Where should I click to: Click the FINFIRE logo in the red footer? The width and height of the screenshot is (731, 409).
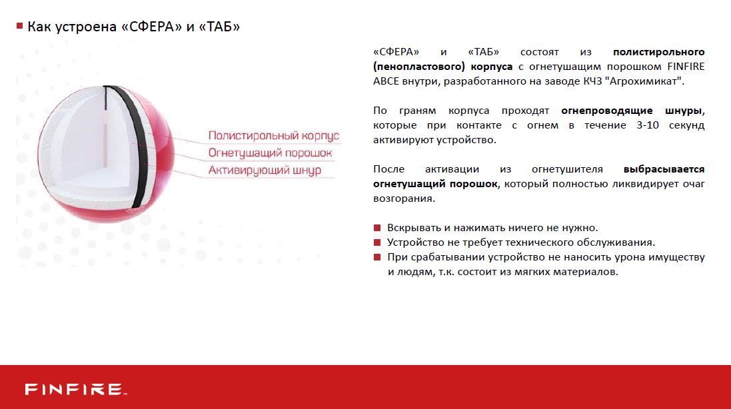[75, 389]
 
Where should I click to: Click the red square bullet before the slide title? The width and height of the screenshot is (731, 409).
[19, 25]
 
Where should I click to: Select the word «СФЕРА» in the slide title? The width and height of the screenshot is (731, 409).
[151, 27]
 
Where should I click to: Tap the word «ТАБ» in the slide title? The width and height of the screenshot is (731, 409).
[219, 27]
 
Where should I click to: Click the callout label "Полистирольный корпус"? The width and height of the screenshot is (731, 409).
[274, 136]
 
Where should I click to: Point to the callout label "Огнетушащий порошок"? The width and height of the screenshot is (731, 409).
[270, 153]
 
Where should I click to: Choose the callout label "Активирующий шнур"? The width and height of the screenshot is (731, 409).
[265, 170]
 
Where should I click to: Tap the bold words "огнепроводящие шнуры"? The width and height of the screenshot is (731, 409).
[632, 111]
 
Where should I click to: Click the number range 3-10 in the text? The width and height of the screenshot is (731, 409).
[648, 125]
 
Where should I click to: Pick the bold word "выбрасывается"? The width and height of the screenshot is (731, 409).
[664, 169]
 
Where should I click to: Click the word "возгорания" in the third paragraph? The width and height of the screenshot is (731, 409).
[404, 199]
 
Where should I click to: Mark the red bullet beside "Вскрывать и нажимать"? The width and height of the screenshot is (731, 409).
[377, 228]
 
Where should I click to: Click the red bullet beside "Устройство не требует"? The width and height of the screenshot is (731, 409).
[377, 242]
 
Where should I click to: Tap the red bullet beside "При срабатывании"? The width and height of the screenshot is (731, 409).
[377, 257]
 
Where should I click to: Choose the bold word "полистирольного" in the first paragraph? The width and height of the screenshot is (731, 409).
[659, 52]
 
